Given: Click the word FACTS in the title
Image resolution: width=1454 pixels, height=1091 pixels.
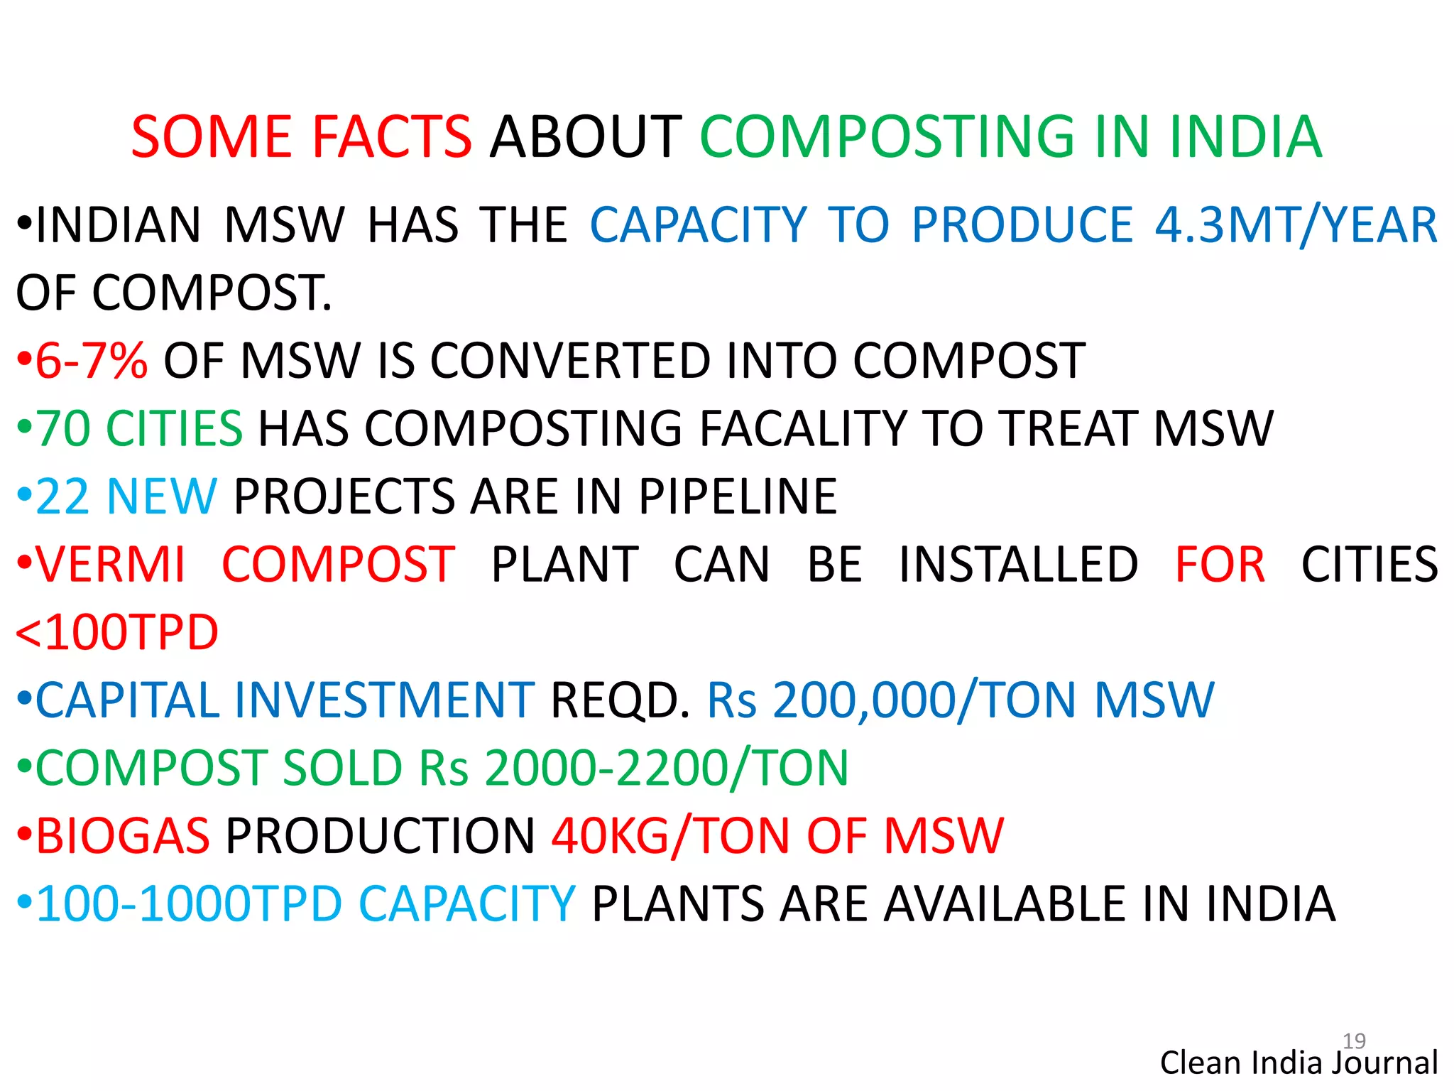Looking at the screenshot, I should pyautogui.click(x=392, y=136).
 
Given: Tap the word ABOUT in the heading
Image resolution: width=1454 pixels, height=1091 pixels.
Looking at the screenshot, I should pyautogui.click(x=586, y=136).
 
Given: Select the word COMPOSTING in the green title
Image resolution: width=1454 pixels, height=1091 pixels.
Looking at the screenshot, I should pyautogui.click(x=887, y=136).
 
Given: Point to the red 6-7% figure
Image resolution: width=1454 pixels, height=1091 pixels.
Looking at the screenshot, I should pyautogui.click(x=91, y=361).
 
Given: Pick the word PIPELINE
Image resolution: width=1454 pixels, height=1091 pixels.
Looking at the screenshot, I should pyautogui.click(x=738, y=496).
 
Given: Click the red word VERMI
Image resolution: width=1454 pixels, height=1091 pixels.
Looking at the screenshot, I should pyautogui.click(x=111, y=565).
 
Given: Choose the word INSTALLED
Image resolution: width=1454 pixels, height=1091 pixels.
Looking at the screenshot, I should pyautogui.click(x=1019, y=565).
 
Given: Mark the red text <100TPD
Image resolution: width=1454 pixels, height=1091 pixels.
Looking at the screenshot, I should pyautogui.click(x=117, y=632).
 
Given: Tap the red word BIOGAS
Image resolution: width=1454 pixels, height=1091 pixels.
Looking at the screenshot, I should pyautogui.click(x=123, y=836).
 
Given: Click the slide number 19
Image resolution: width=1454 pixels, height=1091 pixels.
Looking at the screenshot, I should pyautogui.click(x=1354, y=1041).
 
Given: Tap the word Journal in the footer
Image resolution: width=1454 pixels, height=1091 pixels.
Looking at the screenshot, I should pyautogui.click(x=1385, y=1063).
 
